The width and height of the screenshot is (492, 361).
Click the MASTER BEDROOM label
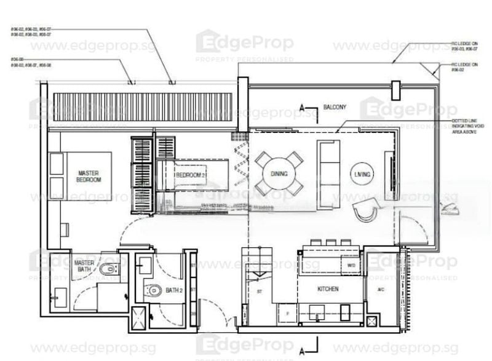coord(89,176)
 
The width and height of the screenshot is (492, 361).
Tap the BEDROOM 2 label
coord(190,175)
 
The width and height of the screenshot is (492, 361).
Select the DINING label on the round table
coord(279,174)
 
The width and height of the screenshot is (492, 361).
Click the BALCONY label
coord(335,107)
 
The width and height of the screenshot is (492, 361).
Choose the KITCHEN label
coord(328,288)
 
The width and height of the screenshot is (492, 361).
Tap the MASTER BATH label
coord(84,266)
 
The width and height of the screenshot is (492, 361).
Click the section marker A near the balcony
coord(301,109)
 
